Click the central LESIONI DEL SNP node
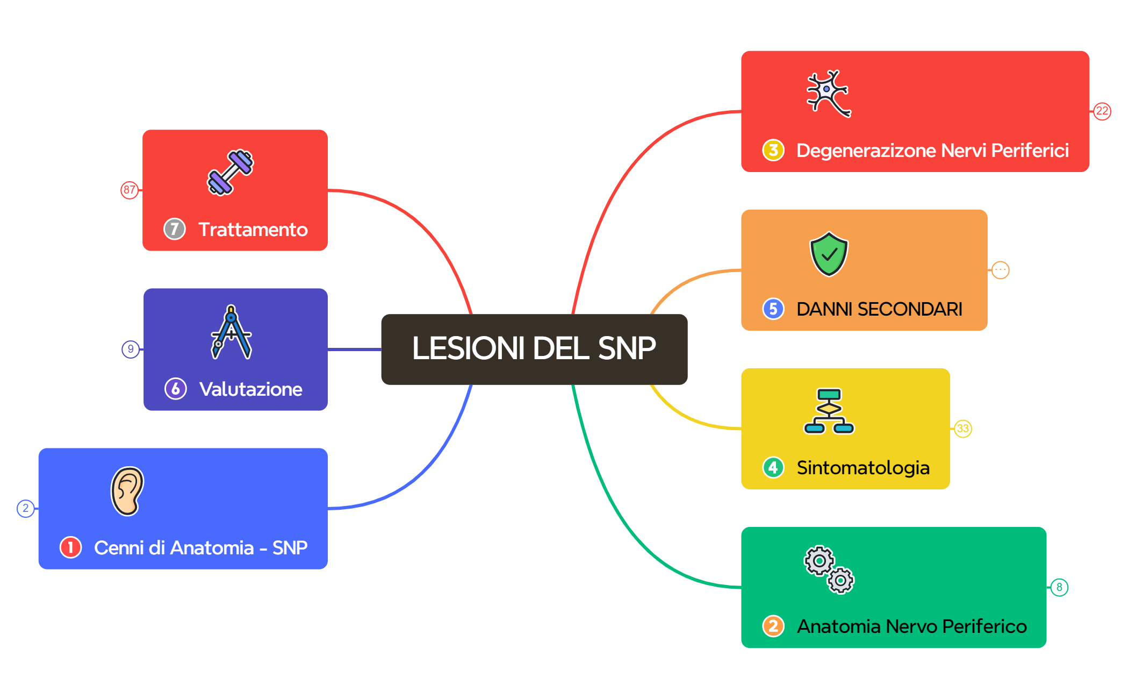(x=534, y=349)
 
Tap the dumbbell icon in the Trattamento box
(x=231, y=173)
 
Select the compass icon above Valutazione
(x=231, y=332)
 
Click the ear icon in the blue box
(x=127, y=491)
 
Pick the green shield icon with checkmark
(x=829, y=254)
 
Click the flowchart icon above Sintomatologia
(x=829, y=411)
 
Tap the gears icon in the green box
(x=829, y=570)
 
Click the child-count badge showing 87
(x=130, y=190)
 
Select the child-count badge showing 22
(x=1102, y=111)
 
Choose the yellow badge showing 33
(x=962, y=429)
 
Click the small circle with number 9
(x=131, y=349)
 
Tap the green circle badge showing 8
(x=1059, y=587)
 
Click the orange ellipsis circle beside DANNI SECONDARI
(x=1000, y=270)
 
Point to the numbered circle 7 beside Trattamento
(x=175, y=229)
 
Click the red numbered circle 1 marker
(x=70, y=547)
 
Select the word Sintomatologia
(x=863, y=468)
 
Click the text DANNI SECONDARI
(x=879, y=309)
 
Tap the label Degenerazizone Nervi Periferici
(x=932, y=151)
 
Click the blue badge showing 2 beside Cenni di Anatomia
(x=26, y=508)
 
